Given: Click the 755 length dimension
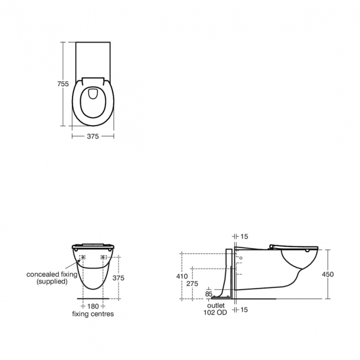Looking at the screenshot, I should (x=64, y=84).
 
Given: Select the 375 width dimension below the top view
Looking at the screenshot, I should (x=92, y=136).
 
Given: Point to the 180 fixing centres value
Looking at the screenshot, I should (x=93, y=306).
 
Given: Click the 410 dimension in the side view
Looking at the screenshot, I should (x=182, y=276).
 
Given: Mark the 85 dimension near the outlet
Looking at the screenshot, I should (x=209, y=294).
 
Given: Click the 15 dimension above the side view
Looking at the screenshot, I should (x=244, y=236).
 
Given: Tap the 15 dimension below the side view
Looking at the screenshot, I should (x=244, y=310).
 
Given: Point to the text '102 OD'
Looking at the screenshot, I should (x=216, y=312).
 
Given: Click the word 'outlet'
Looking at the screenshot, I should (x=216, y=305).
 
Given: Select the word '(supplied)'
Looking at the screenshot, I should (x=52, y=281).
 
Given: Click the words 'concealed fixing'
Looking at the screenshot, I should (x=52, y=274).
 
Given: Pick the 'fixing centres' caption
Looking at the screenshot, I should (x=93, y=314).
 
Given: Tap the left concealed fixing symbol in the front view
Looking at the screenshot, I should (x=83, y=258).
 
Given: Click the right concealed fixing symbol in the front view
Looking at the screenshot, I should (x=103, y=258).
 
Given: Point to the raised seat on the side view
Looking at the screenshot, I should (x=294, y=247).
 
